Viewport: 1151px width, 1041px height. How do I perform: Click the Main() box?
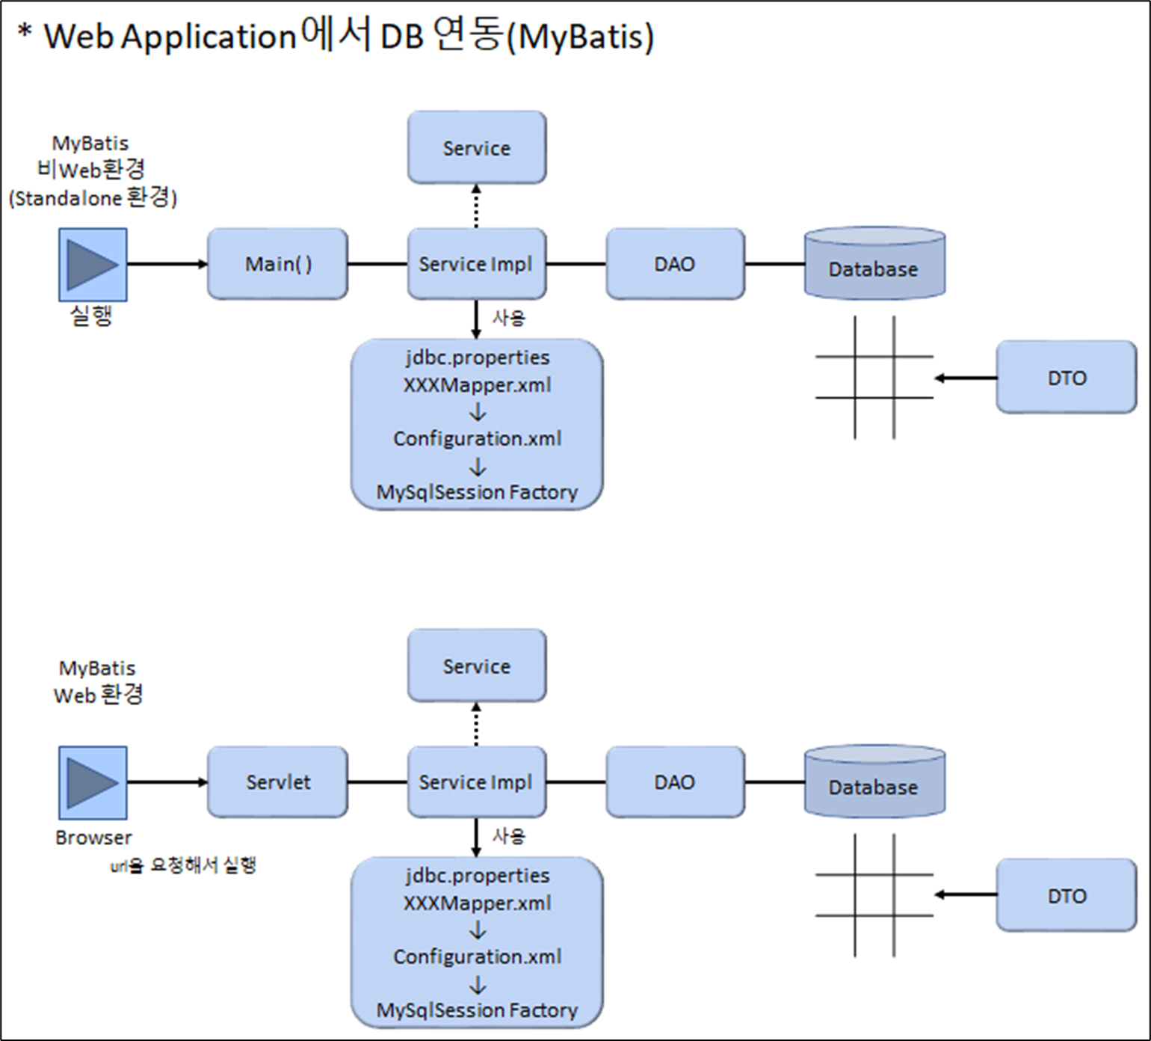coord(277,264)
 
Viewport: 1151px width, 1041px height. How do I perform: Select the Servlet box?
coord(277,782)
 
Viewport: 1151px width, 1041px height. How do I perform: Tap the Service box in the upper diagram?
coord(477,147)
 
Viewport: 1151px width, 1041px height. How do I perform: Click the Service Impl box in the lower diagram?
coord(477,782)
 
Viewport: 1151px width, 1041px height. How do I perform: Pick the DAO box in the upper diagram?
coord(675,264)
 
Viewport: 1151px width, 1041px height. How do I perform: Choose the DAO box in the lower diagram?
coord(675,782)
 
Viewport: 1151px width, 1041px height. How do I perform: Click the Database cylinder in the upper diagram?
coord(874,263)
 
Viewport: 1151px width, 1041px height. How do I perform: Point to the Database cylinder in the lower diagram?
coord(874,781)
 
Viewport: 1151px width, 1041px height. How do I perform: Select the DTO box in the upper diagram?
coord(1067,377)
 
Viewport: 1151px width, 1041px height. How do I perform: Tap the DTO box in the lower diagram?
coord(1067,895)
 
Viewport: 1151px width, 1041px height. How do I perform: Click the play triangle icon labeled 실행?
coord(93,265)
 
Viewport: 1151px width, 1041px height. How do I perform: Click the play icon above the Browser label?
coord(93,782)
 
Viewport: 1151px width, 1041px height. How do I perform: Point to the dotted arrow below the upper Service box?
coord(476,206)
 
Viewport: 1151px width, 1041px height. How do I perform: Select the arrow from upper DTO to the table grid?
coord(966,378)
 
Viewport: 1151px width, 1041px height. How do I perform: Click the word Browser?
coord(93,838)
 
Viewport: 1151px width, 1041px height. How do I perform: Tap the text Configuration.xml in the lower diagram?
coord(478,956)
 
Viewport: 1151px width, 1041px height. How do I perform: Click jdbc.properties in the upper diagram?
coord(478,357)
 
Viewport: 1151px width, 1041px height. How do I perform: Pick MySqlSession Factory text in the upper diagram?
coord(478,492)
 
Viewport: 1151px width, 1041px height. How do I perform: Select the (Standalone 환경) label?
coord(93,198)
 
